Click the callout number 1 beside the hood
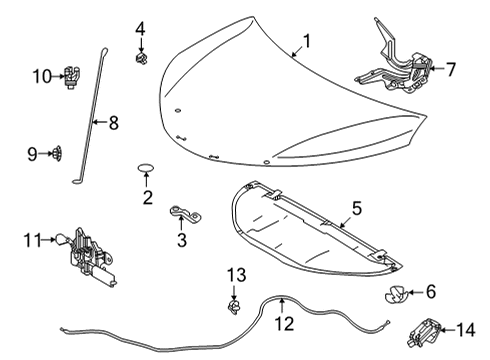click(x=308, y=42)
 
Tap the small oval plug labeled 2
click(x=145, y=167)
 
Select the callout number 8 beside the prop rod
click(x=112, y=123)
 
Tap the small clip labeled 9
click(x=58, y=153)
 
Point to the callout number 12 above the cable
click(x=284, y=322)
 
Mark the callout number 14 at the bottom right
click(x=466, y=328)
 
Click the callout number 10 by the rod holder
click(x=41, y=75)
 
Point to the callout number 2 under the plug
click(x=147, y=197)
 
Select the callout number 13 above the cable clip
click(x=234, y=275)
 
